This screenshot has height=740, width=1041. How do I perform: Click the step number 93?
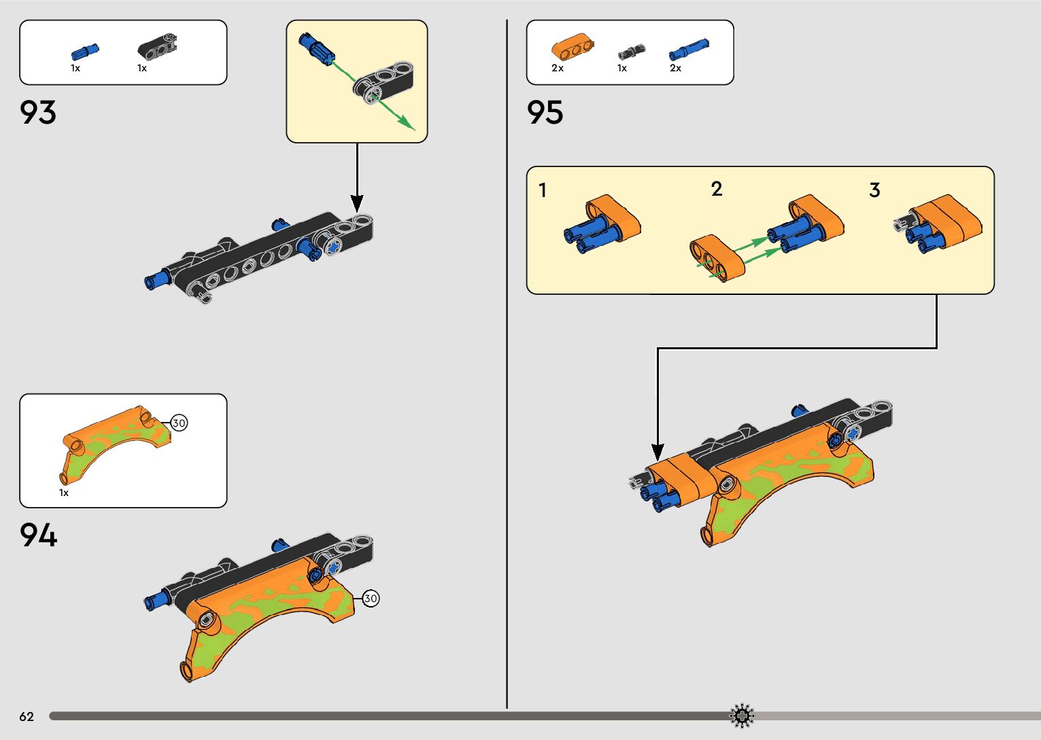point(38,112)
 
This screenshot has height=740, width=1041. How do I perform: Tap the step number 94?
point(38,535)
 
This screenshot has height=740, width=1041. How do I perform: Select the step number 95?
point(545,112)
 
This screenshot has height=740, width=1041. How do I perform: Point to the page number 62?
point(27,716)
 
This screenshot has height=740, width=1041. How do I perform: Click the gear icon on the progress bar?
point(742,716)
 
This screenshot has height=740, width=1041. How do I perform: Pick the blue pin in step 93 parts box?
point(85,52)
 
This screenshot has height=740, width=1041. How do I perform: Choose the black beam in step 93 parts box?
point(158,46)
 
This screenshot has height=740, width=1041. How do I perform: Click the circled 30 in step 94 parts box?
point(179,423)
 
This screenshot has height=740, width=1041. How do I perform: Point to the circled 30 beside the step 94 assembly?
point(371,599)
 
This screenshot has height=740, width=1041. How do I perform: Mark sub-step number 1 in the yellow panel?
point(543,190)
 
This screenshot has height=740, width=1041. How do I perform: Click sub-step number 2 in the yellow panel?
point(716,189)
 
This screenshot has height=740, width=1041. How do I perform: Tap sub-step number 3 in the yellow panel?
point(874,190)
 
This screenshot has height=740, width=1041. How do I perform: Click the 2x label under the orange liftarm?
point(558,68)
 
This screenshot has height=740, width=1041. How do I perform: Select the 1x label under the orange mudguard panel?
point(64,493)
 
